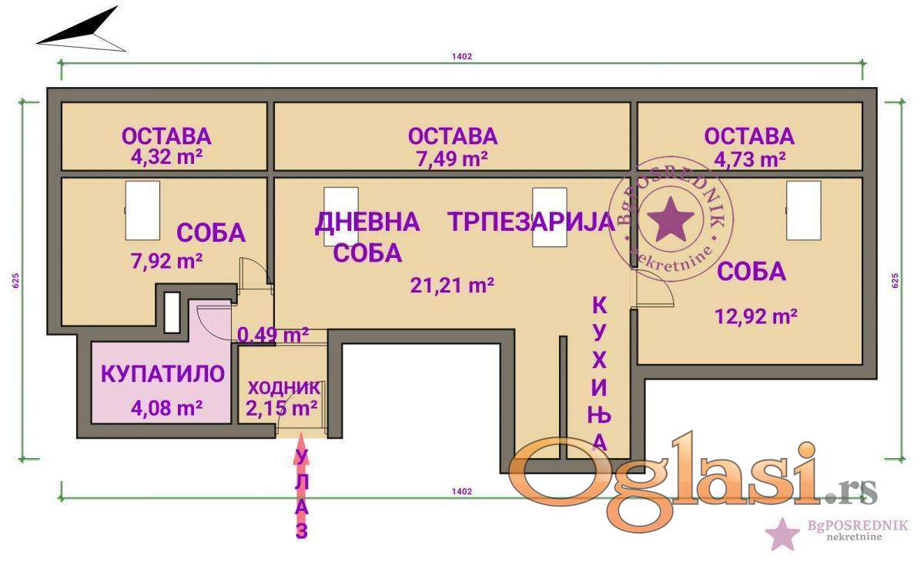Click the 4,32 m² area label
coord(166,157)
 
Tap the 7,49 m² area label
coord(453,159)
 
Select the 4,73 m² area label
coord(750,159)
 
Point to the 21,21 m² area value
coord(453,285)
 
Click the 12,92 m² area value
coord(756,316)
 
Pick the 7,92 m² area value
coord(166,261)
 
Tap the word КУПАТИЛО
coord(163,374)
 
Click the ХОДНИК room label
coord(284,388)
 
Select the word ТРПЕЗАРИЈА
coord(532,222)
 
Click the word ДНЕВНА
coord(367,222)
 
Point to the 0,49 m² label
coord(273,335)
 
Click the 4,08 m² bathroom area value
coord(166,408)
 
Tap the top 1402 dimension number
coord(461,56)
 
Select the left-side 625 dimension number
coord(15,280)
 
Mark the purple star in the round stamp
coord(671,219)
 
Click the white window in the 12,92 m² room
coord(804,210)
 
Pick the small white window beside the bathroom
coord(172,312)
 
